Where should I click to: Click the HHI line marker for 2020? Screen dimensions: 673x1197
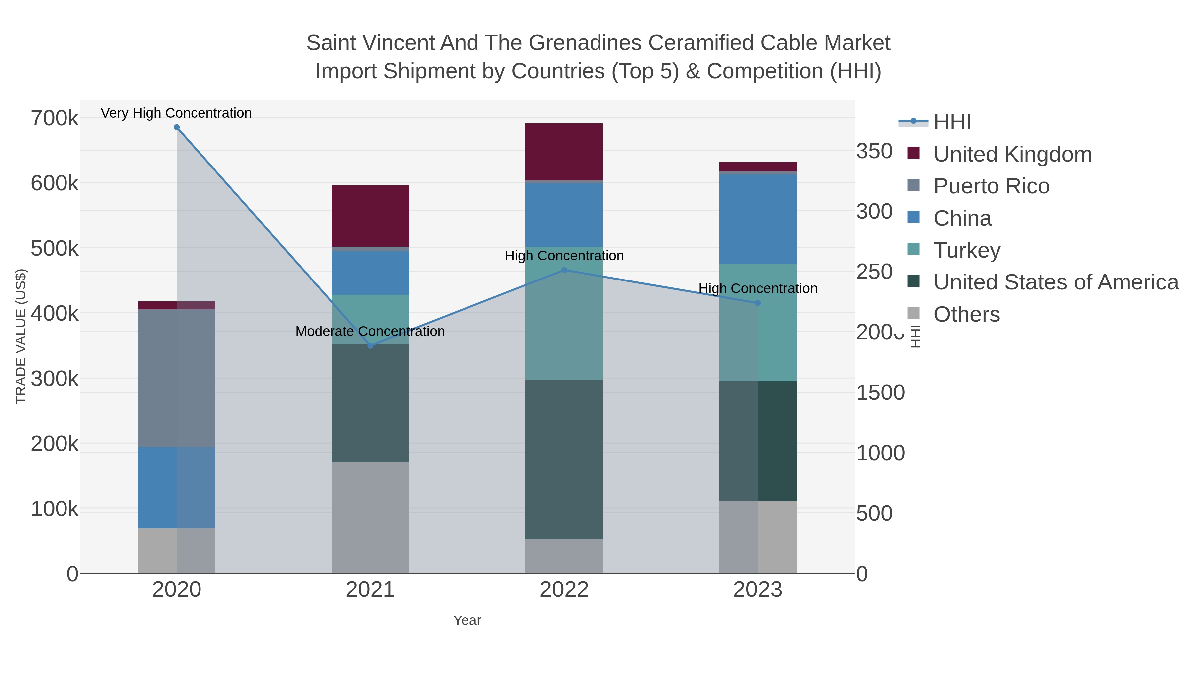177,127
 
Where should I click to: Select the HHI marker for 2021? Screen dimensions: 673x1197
370,346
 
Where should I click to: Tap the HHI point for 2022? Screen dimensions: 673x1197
564,270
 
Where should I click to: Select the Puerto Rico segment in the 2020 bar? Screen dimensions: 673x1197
177,378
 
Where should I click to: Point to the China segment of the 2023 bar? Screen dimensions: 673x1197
758,219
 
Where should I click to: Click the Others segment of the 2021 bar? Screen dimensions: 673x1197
370,517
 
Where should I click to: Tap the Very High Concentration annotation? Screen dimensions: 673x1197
177,113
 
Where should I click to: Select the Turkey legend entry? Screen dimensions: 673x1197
967,250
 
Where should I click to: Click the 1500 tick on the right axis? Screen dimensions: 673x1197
880,393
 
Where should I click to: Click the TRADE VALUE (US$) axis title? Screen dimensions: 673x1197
21,336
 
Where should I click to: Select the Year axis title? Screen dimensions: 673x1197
467,620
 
